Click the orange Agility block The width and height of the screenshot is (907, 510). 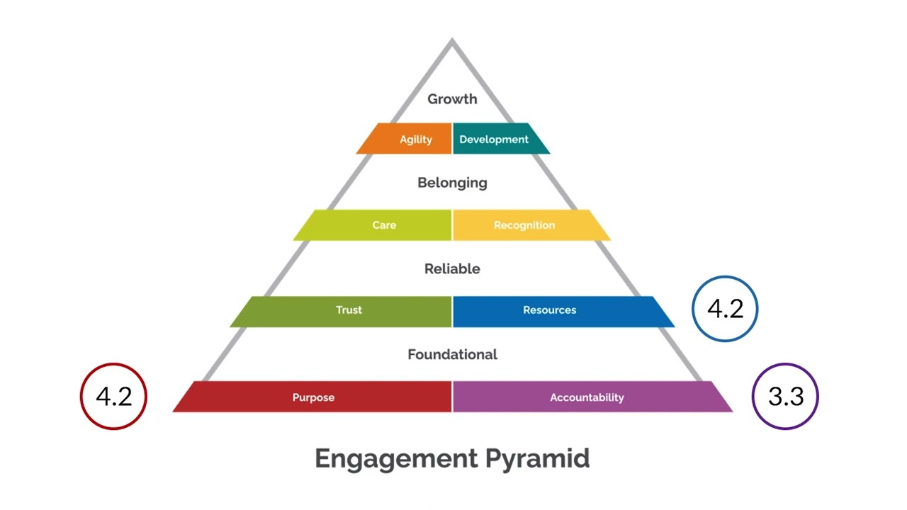click(x=407, y=139)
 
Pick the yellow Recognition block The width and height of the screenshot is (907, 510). click(x=529, y=225)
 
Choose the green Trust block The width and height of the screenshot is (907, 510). click(x=344, y=311)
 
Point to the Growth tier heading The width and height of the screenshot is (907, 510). click(x=452, y=99)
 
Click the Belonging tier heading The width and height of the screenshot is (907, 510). click(x=452, y=183)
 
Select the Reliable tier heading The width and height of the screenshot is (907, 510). click(x=452, y=269)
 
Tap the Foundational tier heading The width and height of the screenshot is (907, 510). click(x=452, y=354)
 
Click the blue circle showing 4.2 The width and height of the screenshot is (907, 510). click(x=725, y=309)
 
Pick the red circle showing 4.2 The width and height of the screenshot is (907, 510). click(x=113, y=396)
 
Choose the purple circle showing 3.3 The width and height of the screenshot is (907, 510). click(x=785, y=396)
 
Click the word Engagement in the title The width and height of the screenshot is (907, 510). click(x=395, y=458)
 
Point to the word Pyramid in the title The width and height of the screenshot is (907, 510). click(x=537, y=458)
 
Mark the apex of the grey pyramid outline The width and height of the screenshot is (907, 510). click(x=452, y=42)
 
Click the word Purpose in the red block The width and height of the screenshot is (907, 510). click(x=313, y=397)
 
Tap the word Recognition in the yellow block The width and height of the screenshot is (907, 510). click(x=524, y=225)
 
